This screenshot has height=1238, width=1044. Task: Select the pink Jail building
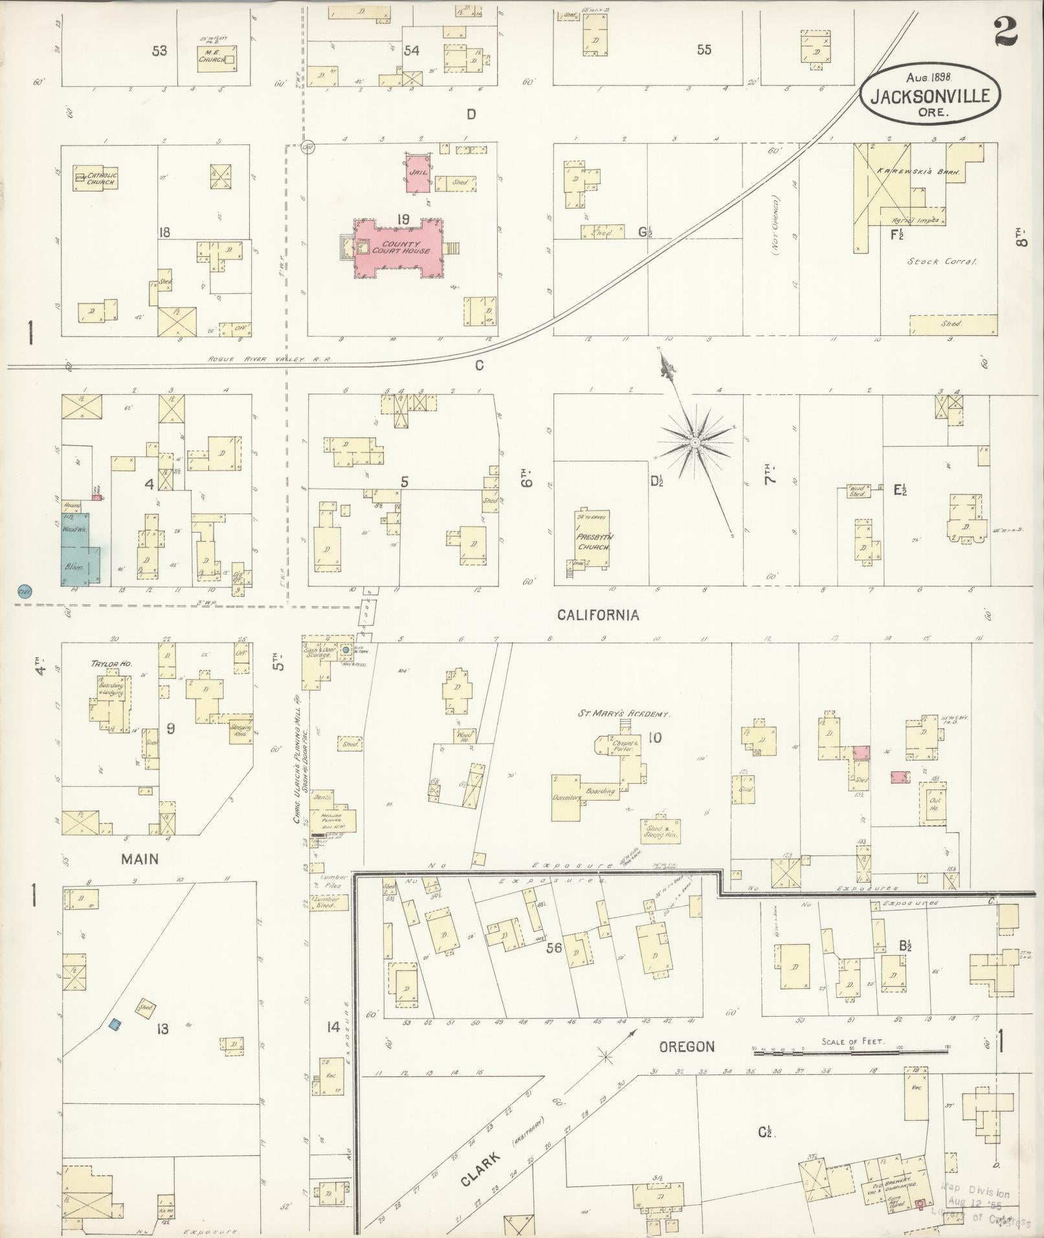[418, 173]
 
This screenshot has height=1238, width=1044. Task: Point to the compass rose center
[694, 443]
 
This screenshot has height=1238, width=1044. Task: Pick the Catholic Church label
[102, 179]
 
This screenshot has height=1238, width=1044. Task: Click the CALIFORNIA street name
[598, 615]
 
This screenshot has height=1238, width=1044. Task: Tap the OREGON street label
[686, 1046]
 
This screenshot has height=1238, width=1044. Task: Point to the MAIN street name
[139, 859]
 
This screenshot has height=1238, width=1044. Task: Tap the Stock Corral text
[941, 262]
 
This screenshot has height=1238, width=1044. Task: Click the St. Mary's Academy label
[623, 714]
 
